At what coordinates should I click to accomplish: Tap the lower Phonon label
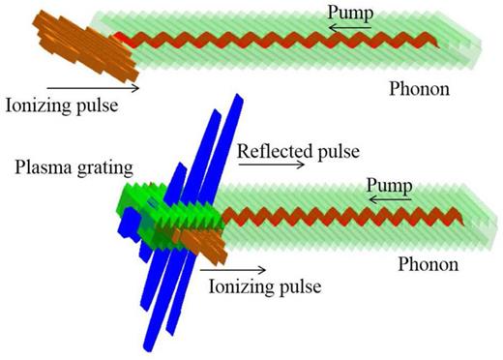tap(434, 262)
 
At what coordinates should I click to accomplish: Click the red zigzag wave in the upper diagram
tap(281, 40)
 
